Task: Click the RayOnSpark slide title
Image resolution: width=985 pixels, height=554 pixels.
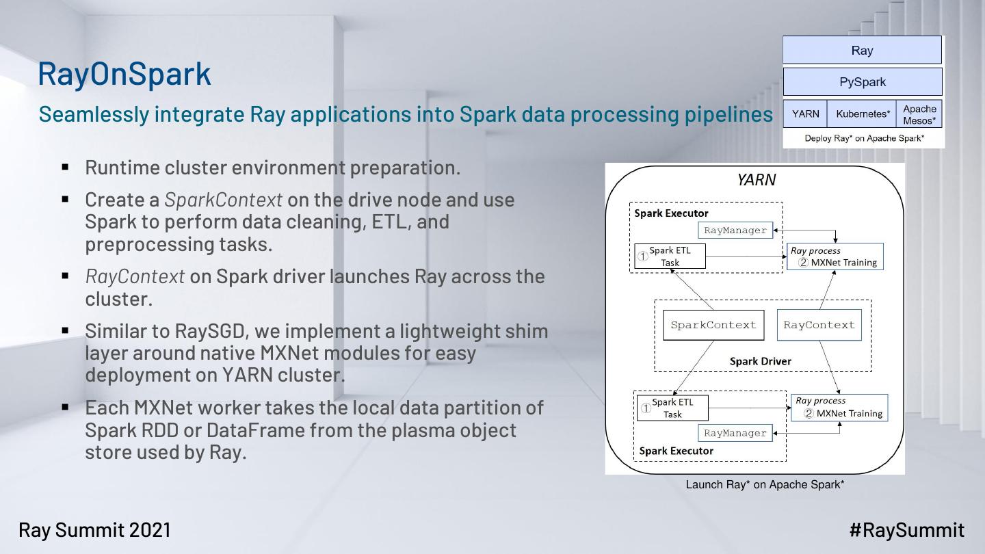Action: coord(124,74)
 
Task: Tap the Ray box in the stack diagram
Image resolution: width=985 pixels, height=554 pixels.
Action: coord(862,51)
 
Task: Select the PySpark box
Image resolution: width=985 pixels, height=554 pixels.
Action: coord(862,82)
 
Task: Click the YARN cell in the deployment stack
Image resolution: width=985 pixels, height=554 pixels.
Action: coord(805,114)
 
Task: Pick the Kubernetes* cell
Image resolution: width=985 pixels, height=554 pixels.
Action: coord(863,114)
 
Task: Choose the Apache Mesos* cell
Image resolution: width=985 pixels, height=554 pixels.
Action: coord(919,114)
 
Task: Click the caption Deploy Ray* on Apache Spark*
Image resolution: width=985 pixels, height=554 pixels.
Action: coord(864,138)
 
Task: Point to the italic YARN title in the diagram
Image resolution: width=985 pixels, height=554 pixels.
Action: coord(756,180)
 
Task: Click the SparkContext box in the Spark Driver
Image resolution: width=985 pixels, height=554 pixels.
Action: coord(713,325)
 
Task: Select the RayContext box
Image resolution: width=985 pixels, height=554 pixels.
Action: coord(819,325)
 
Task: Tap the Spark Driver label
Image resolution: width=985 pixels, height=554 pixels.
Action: coord(760,361)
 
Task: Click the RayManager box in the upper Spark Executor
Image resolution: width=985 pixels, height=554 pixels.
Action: coord(735,230)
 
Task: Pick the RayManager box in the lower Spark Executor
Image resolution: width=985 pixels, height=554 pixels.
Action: coord(735,433)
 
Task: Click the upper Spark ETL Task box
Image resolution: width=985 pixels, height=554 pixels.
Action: coord(670,256)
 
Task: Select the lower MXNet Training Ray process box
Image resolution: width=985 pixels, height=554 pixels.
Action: coord(839,408)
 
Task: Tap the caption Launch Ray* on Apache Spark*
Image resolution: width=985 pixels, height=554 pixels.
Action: coord(765,485)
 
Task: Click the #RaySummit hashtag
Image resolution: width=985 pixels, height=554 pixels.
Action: coord(906,530)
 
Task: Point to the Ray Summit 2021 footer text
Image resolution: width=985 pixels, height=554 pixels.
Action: coord(94,530)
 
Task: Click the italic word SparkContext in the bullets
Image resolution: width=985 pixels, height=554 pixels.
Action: coord(223,200)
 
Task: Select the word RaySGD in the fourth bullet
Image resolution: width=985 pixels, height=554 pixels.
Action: coord(208,331)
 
